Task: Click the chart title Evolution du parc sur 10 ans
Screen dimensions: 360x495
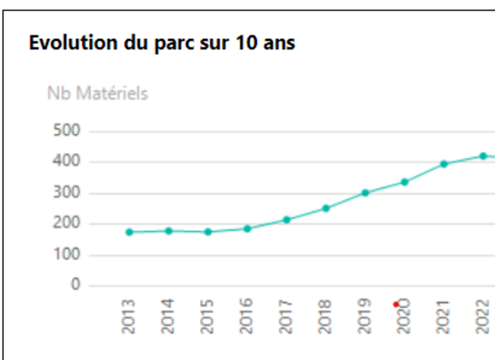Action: [162, 43]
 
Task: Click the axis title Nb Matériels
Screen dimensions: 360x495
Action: [97, 93]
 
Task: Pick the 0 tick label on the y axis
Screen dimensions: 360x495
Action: [76, 286]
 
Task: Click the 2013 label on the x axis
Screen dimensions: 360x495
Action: [129, 316]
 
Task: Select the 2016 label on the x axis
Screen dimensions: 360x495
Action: [247, 316]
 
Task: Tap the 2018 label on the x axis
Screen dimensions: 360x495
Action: [325, 316]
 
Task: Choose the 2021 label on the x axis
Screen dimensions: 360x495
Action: [443, 316]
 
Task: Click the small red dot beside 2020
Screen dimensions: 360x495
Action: [396, 304]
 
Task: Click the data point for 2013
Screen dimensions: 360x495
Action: [129, 232]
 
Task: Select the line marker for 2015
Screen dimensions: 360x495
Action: [208, 232]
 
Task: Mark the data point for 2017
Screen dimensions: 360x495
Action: [286, 219]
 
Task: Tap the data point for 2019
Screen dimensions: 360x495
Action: [365, 193]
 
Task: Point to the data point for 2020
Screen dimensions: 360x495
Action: [404, 182]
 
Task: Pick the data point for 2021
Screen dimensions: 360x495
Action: [444, 164]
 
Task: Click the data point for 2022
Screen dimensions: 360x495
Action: [483, 156]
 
